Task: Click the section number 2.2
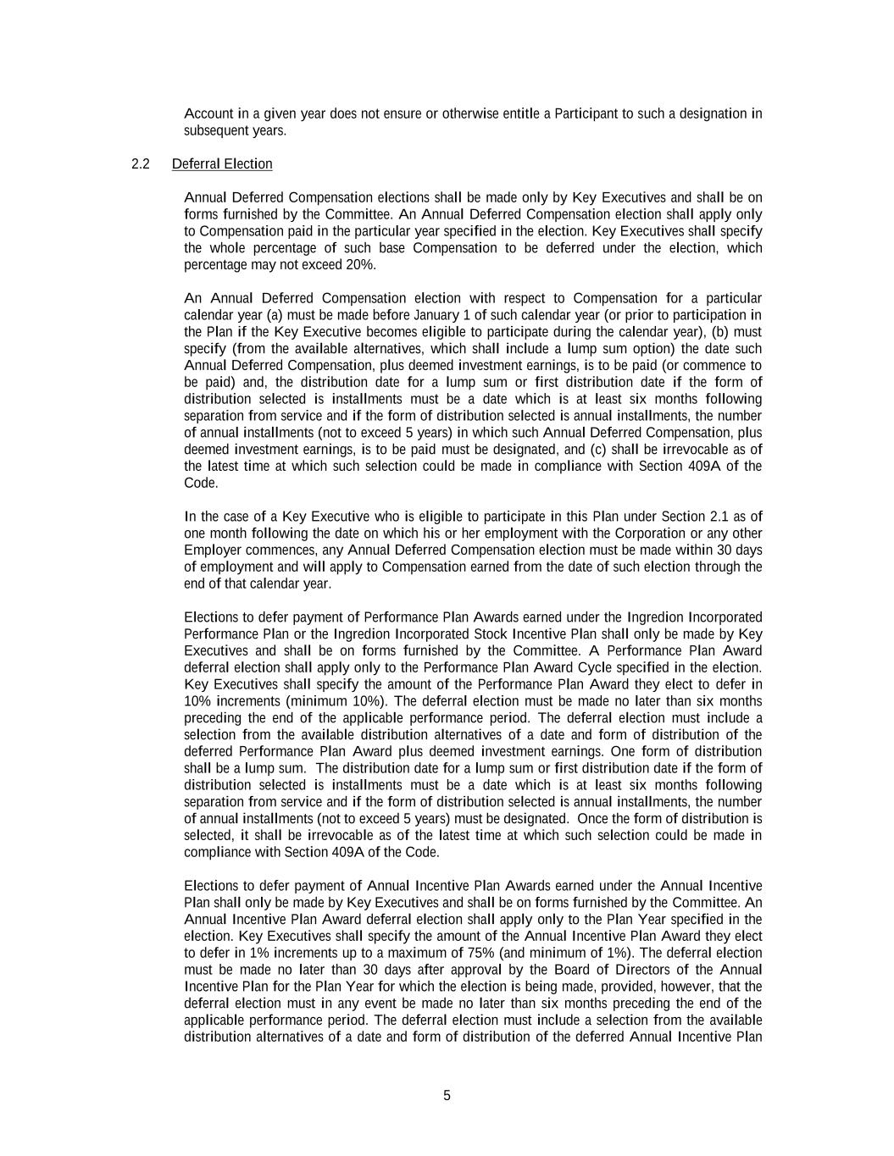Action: pyautogui.click(x=141, y=164)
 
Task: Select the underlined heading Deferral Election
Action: pyautogui.click(x=222, y=164)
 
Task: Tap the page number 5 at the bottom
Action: pyautogui.click(x=447, y=1096)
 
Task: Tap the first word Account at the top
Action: pyautogui.click(x=208, y=113)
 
